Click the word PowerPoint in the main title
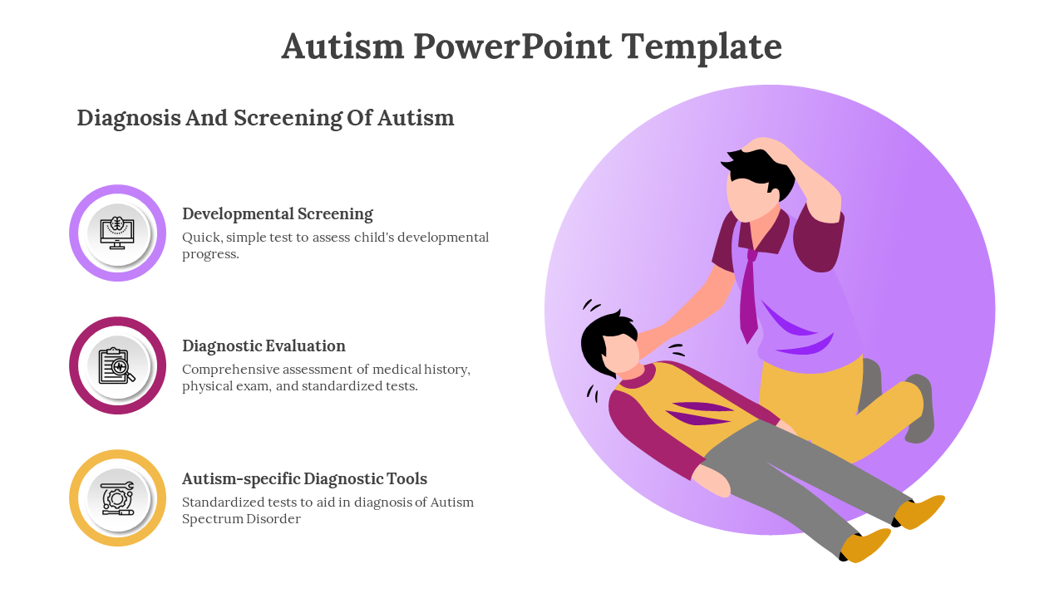(x=512, y=47)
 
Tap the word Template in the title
(x=702, y=47)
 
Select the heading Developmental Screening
(x=278, y=214)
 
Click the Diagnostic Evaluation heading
(x=264, y=346)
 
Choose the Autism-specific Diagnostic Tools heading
(x=304, y=479)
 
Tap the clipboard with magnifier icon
(x=117, y=366)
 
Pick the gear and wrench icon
(x=117, y=498)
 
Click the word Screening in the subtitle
(x=288, y=119)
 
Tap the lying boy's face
(x=620, y=354)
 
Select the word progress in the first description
(x=210, y=254)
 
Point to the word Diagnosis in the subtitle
(x=129, y=119)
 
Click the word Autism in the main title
(x=342, y=47)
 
